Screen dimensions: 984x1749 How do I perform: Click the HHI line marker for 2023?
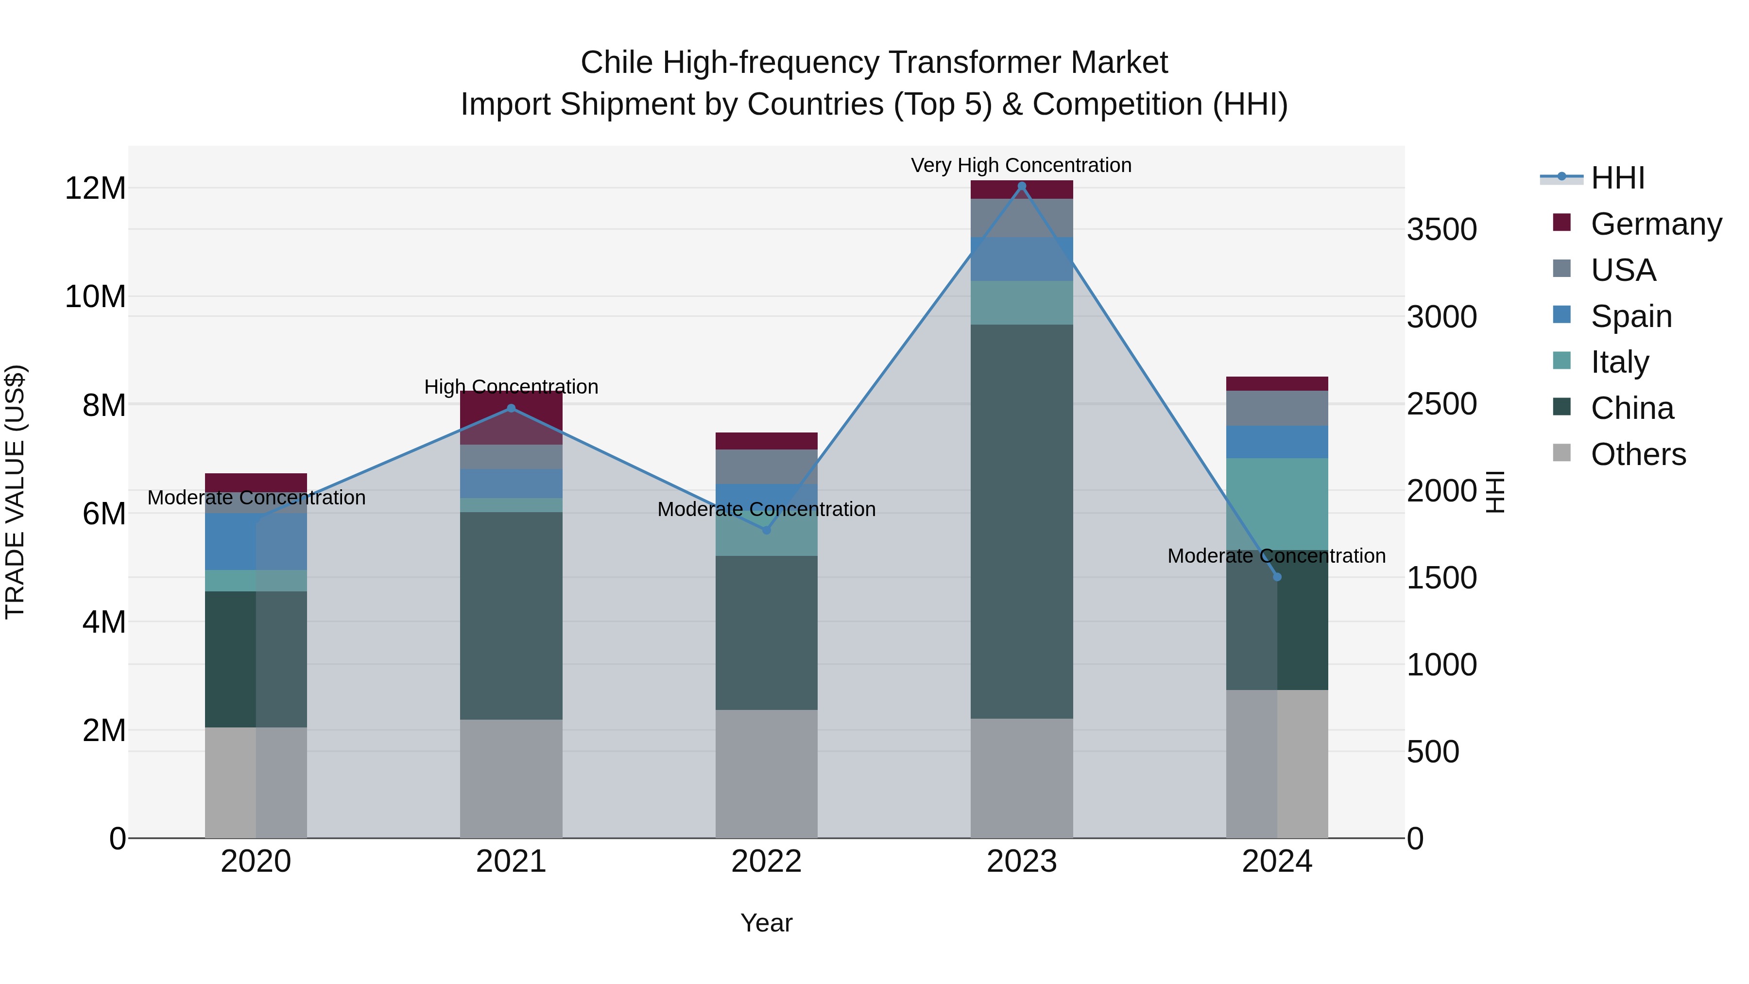click(1021, 186)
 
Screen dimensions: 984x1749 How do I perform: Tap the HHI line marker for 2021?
click(511, 408)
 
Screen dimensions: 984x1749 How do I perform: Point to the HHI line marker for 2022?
click(767, 530)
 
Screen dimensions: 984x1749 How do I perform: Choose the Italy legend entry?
click(1619, 362)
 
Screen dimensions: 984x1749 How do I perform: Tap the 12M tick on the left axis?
click(95, 188)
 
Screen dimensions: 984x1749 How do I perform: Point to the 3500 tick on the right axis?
click(1441, 229)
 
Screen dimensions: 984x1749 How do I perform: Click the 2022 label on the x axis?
click(767, 862)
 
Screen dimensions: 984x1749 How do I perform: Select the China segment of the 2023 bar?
click(1021, 521)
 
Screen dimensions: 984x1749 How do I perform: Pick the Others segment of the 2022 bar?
click(767, 774)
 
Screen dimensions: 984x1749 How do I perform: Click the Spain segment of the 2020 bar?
click(231, 541)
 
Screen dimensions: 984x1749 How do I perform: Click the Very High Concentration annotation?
click(1021, 165)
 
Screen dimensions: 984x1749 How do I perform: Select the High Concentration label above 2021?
click(511, 386)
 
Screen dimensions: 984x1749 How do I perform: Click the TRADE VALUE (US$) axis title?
click(15, 492)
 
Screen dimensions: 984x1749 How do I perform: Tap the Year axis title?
click(767, 923)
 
